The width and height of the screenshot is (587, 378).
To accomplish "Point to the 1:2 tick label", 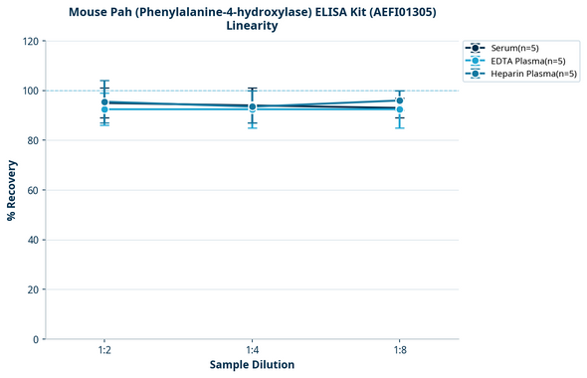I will (104, 350).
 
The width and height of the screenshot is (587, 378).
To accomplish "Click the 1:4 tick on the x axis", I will (252, 350).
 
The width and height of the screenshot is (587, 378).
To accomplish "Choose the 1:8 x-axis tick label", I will (399, 350).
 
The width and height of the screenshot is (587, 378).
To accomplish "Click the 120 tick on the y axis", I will (31, 41).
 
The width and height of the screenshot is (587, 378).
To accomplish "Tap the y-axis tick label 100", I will (31, 91).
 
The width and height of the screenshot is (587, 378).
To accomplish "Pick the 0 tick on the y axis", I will (37, 339).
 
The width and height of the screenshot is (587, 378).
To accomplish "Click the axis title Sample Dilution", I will (252, 365).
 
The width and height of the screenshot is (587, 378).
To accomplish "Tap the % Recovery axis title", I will (12, 190).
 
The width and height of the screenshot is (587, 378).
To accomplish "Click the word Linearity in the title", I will (252, 26).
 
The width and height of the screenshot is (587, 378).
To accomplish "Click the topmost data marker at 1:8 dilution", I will (399, 100).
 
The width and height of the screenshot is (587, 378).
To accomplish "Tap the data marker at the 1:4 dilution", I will (252, 106).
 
